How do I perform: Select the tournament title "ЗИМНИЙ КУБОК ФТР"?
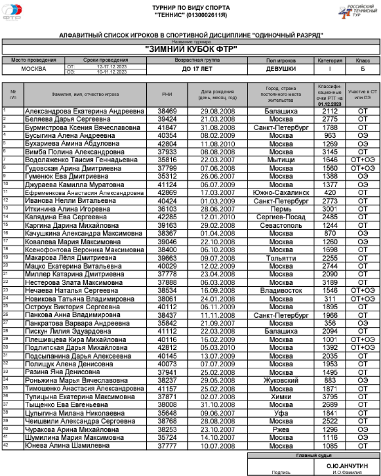192,49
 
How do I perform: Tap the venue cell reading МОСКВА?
34,69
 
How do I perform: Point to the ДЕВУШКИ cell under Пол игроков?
281,69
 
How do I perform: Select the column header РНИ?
167,94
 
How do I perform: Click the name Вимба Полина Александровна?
75,152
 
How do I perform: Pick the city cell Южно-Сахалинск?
281,193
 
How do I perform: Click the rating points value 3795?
330,396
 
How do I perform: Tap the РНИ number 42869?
167,193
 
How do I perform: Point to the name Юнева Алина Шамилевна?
68,445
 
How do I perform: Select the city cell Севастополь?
281,225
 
